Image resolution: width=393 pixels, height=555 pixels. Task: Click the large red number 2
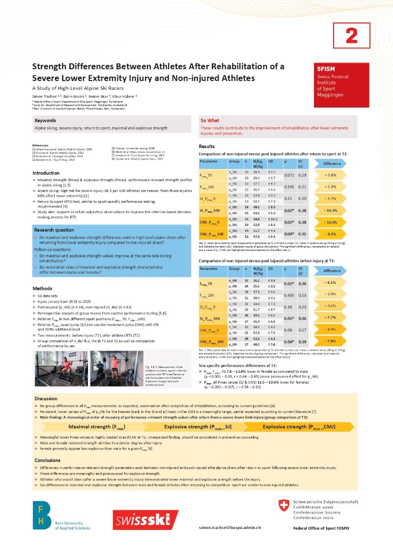[351, 35]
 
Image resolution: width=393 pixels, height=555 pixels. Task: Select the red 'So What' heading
[210, 120]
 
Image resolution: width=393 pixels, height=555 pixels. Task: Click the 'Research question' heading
[54, 230]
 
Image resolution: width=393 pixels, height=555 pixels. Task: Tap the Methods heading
[42, 288]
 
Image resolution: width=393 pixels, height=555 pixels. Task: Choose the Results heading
[206, 146]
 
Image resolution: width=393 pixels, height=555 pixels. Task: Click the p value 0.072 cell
[289, 175]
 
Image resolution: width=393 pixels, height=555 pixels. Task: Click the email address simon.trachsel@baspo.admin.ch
[229, 527]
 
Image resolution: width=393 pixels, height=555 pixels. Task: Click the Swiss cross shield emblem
[283, 505]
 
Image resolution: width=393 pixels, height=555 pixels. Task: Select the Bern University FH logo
[41, 515]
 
